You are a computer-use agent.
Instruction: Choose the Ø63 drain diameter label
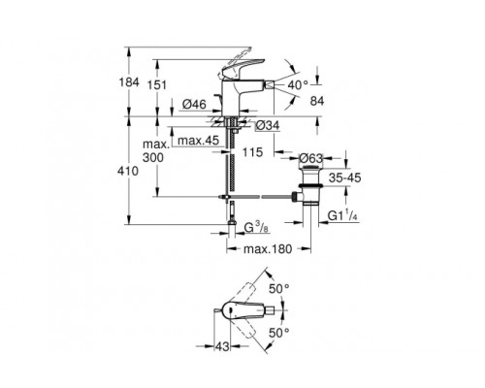click(x=309, y=158)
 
